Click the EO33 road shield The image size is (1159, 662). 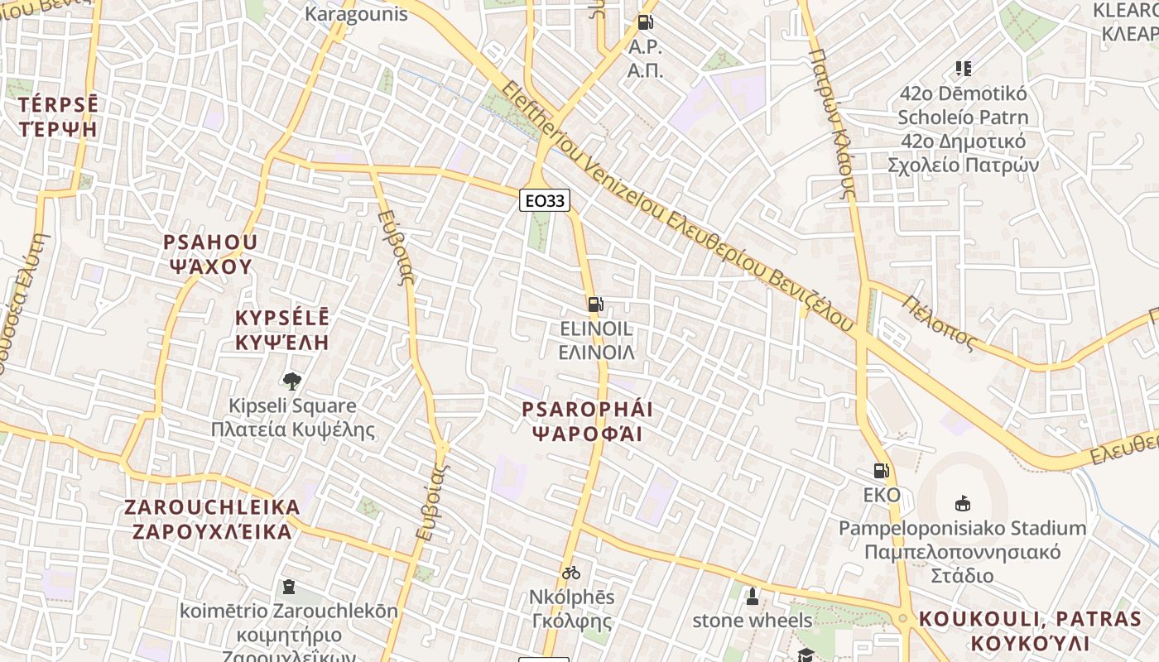tap(545, 200)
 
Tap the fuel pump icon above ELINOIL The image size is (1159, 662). tap(595, 304)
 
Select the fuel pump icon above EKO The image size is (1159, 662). tap(882, 471)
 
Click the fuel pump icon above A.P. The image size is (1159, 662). tap(645, 22)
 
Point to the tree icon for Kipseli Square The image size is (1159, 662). tap(291, 381)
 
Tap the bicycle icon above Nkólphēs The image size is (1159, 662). tap(570, 572)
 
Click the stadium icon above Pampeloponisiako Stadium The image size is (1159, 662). tap(963, 502)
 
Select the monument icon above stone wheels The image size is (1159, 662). tap(752, 596)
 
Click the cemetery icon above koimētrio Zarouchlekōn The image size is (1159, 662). tap(288, 587)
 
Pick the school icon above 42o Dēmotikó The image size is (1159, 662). tap(963, 68)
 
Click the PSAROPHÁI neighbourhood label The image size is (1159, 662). tap(587, 410)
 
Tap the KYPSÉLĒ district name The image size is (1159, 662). tap(281, 319)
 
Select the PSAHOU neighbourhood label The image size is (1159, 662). tap(210, 242)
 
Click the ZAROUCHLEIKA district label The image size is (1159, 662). tap(212, 507)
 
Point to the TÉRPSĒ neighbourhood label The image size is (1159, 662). tap(57, 105)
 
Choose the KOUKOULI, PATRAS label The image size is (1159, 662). tap(1030, 619)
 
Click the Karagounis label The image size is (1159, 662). tap(356, 14)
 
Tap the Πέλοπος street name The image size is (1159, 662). tap(940, 324)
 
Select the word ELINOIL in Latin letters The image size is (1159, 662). tap(596, 329)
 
